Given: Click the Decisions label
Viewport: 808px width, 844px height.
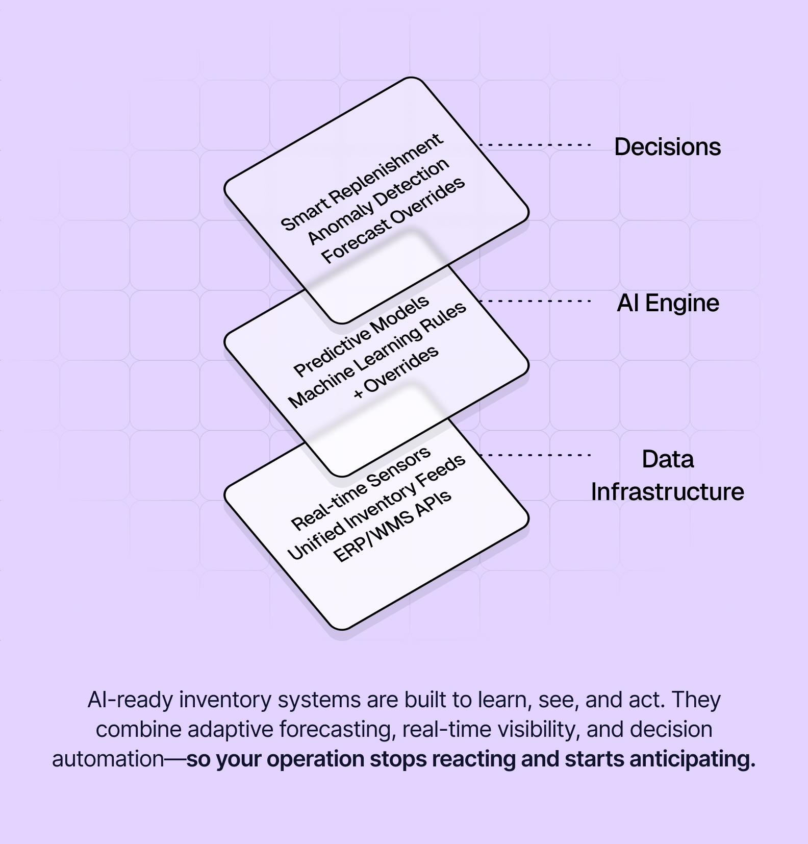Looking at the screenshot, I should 667,147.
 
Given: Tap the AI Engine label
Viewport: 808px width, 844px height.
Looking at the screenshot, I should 668,303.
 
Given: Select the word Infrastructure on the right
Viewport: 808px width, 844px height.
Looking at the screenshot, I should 667,492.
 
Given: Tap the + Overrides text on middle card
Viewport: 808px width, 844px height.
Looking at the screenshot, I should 396,372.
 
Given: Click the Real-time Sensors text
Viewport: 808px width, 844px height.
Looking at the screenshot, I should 361,489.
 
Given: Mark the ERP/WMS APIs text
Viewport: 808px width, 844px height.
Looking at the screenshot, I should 392,527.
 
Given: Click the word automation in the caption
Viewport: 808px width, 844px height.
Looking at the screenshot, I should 108,759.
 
